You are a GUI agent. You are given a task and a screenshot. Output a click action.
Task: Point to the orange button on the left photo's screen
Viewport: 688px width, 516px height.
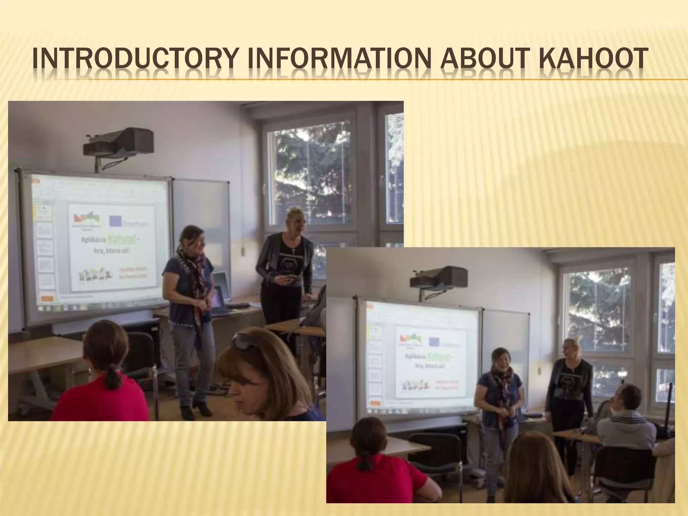tap(47, 298)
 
